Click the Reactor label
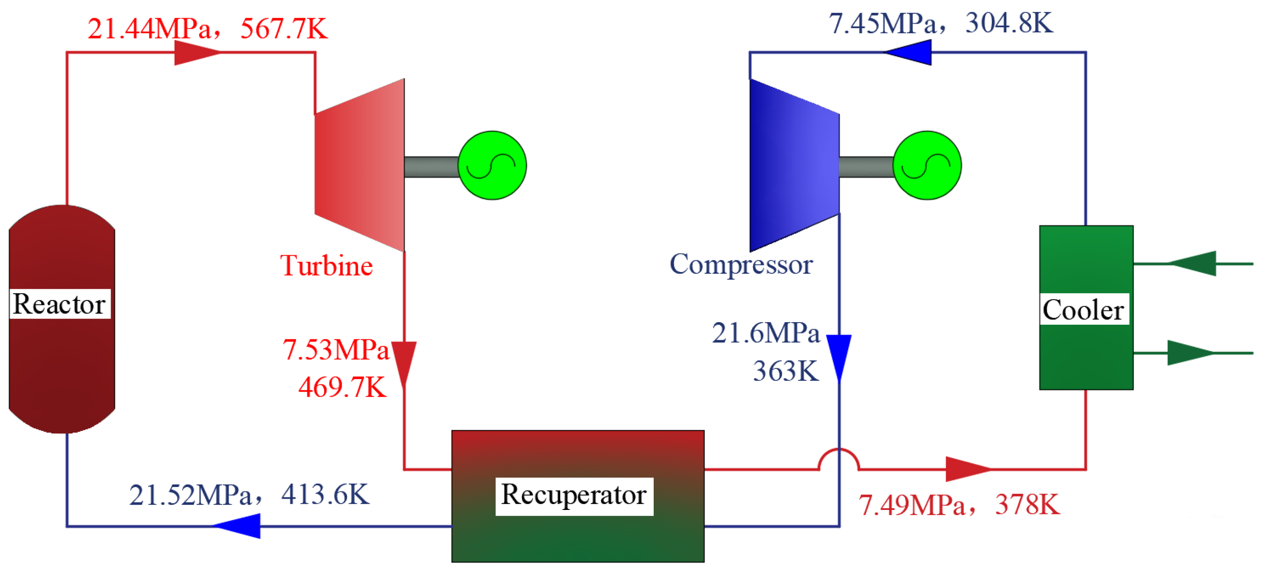pos(59,304)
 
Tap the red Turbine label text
pos(326,266)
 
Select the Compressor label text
pos(741,265)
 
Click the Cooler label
pos(1083,310)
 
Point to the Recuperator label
pos(574,495)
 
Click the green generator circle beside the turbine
pos(492,165)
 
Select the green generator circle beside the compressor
pos(926,165)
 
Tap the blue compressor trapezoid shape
pos(794,165)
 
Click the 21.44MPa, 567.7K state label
pos(208,28)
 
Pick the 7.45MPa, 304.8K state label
pos(940,23)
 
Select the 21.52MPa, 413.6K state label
pos(249,495)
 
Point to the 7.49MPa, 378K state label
pos(959,505)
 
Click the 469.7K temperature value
pos(342,387)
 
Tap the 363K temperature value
pos(785,371)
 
